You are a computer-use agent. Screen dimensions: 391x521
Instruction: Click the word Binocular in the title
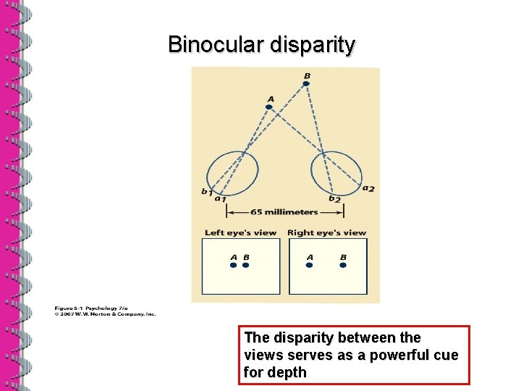[x=215, y=45]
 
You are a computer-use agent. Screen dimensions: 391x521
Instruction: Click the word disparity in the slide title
[x=312, y=45]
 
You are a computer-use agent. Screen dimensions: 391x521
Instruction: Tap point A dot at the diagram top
[x=269, y=107]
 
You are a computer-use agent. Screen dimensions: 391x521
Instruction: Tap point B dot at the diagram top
[x=306, y=84]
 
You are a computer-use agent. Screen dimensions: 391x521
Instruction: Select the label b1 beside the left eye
[x=206, y=192]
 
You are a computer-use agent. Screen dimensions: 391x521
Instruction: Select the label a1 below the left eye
[x=220, y=198]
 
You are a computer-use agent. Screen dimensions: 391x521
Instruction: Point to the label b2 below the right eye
[x=334, y=198]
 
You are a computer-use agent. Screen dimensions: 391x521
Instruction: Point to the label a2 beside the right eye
[x=368, y=189]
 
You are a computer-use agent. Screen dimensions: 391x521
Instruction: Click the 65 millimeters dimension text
[x=284, y=212]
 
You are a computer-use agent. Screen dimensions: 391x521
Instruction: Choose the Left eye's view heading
[x=240, y=232]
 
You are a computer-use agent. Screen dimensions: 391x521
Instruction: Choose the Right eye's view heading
[x=326, y=232]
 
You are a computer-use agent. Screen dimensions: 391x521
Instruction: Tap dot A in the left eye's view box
[x=233, y=266]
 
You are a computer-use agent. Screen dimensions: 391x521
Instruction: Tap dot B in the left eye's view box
[x=245, y=266]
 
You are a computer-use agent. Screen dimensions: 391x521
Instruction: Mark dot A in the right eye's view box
[x=310, y=266]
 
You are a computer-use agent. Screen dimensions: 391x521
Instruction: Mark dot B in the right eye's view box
[x=343, y=266]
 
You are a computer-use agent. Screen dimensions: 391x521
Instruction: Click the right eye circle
[x=336, y=172]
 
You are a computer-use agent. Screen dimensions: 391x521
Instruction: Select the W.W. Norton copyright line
[x=105, y=314]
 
